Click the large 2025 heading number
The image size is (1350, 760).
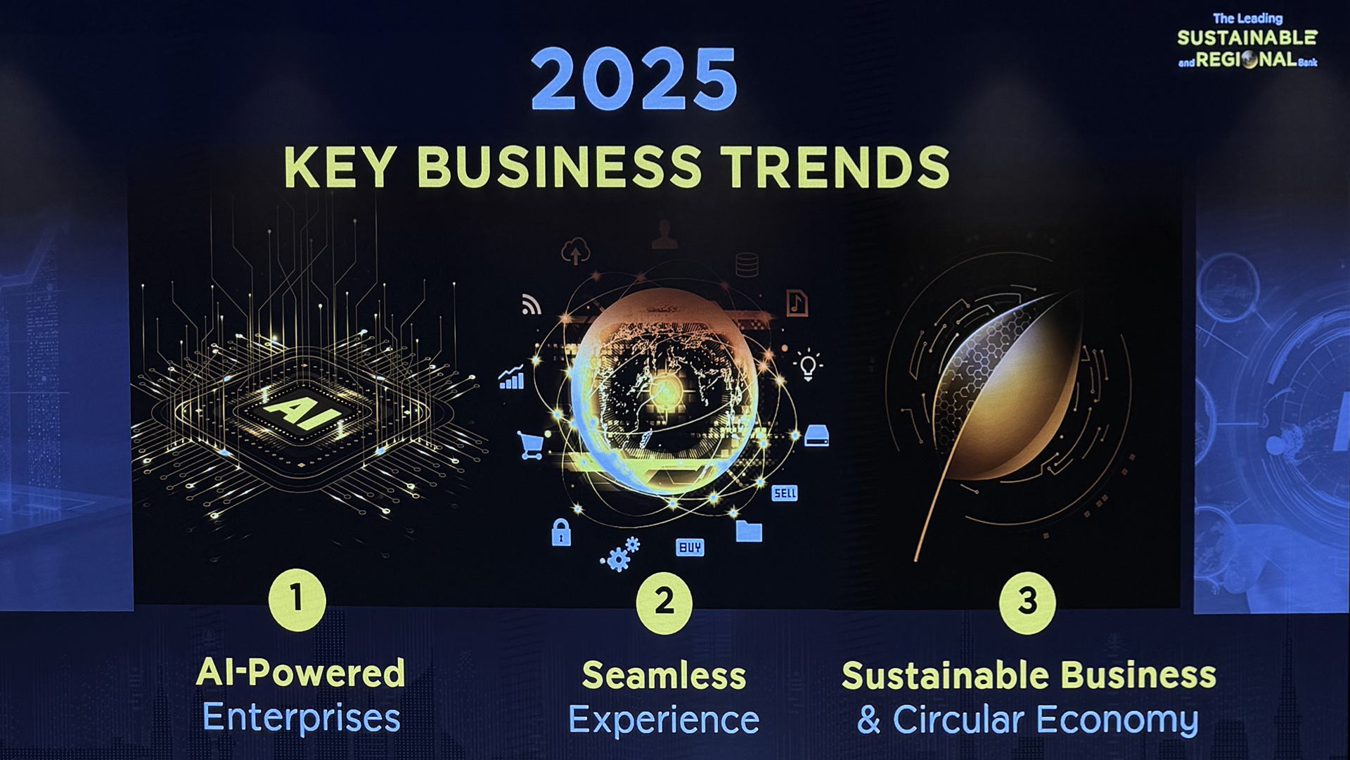[634, 79]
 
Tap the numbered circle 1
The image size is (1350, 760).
[297, 600]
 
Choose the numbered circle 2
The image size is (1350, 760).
[664, 602]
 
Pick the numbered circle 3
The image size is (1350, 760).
[1027, 602]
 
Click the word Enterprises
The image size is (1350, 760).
[301, 718]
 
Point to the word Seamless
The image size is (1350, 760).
[664, 676]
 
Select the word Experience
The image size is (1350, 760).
[664, 721]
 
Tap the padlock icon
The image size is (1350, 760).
[561, 532]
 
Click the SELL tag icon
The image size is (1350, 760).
[785, 493]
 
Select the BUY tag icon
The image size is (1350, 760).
[690, 547]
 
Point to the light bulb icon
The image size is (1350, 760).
[809, 365]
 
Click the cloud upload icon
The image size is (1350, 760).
[576, 251]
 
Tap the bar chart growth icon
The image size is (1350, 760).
[512, 377]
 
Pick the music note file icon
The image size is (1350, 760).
[797, 303]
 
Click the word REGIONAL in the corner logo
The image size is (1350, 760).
[1247, 60]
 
